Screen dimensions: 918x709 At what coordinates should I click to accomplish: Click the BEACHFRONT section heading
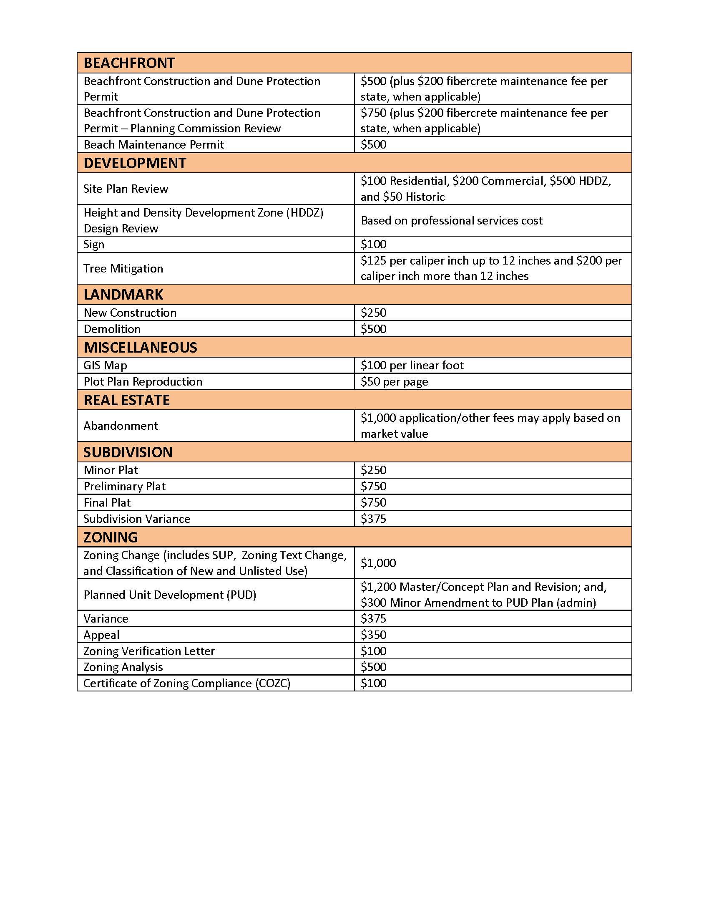pos(129,63)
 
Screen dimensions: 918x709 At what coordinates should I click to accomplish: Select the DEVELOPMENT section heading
pos(134,163)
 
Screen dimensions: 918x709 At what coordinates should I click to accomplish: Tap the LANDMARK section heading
pos(123,295)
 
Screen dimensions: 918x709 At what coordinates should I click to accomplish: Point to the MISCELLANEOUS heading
pos(140,348)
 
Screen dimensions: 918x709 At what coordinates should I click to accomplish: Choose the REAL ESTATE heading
pos(126,400)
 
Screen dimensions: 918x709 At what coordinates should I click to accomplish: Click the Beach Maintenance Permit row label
pos(154,145)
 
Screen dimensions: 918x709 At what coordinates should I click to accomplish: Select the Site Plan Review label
pos(126,189)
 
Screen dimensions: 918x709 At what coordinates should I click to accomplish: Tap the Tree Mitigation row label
pos(123,269)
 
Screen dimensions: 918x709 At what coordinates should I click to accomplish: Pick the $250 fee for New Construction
pos(373,313)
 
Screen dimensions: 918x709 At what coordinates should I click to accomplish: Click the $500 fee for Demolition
pos(373,329)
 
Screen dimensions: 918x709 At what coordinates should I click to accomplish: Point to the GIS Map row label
pos(105,365)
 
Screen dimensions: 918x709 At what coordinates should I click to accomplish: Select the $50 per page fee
pos(395,382)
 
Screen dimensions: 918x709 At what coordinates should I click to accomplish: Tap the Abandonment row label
pos(121,426)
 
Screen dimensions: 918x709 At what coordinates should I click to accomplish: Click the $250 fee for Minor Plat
pos(373,470)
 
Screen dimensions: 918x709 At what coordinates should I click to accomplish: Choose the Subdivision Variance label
pos(136,519)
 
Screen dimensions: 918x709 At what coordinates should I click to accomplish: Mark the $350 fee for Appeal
pos(373,635)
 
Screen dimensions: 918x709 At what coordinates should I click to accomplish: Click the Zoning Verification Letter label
pos(149,651)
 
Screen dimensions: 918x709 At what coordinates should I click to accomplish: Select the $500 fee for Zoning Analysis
pos(373,667)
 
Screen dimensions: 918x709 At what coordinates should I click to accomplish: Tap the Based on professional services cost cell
pos(452,221)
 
